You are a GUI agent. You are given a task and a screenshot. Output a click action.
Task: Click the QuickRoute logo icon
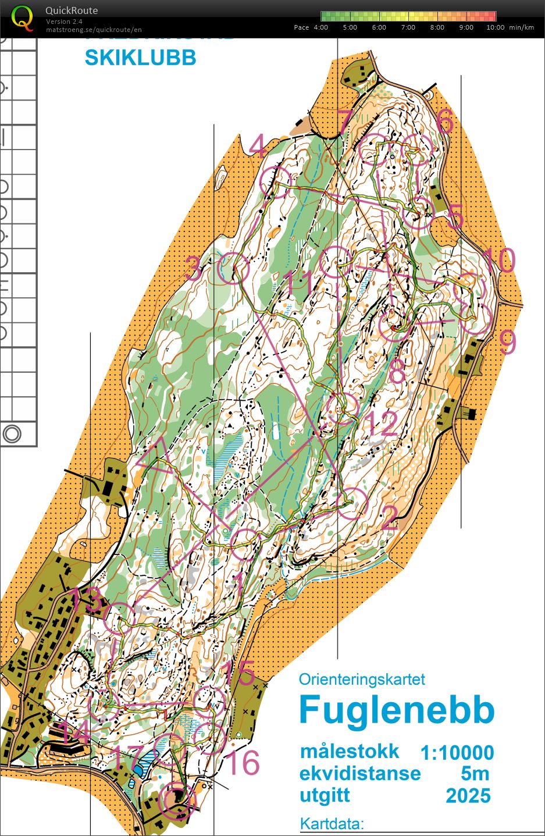(23, 18)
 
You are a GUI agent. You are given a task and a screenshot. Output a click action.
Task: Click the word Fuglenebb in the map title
(397, 710)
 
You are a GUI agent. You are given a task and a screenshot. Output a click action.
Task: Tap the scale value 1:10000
(457, 753)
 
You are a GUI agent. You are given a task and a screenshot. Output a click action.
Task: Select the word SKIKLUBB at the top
(140, 58)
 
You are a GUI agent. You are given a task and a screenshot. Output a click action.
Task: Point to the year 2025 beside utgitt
(468, 795)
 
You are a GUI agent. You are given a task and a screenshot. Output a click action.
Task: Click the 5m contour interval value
(475, 774)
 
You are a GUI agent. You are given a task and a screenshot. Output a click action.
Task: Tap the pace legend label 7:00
(408, 27)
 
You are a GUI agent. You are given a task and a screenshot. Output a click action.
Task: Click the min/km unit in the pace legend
(521, 27)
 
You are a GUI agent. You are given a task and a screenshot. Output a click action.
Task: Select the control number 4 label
(258, 146)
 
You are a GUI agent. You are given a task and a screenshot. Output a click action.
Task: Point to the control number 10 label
(498, 260)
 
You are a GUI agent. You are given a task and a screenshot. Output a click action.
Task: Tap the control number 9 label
(508, 343)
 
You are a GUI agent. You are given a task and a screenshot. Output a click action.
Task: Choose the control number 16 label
(243, 763)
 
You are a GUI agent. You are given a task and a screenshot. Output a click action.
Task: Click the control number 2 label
(389, 518)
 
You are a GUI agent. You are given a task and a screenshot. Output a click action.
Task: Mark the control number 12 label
(382, 424)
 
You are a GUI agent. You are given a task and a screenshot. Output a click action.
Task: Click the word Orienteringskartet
(362, 679)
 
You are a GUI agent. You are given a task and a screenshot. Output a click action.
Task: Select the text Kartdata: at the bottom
(332, 824)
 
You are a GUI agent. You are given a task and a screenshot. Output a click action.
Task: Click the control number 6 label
(444, 122)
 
